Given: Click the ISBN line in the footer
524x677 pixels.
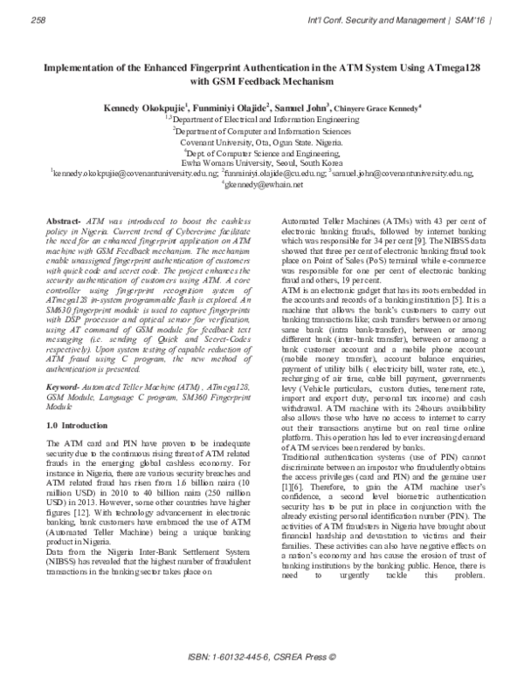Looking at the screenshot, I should pos(262,656).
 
